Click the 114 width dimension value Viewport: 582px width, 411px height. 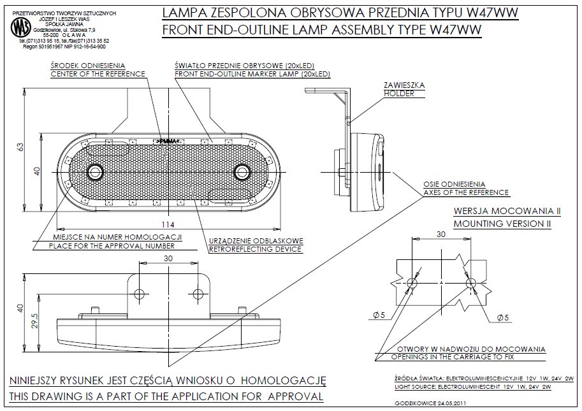[168, 225]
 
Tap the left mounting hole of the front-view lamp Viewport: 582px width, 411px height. [96, 171]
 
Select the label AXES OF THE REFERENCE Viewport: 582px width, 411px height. [466, 192]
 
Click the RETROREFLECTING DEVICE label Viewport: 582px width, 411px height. [256, 249]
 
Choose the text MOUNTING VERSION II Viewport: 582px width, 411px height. [502, 224]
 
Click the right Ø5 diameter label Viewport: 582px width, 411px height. [502, 317]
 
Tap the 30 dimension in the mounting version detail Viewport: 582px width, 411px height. [440, 234]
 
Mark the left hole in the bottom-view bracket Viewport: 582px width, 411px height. [140, 294]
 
